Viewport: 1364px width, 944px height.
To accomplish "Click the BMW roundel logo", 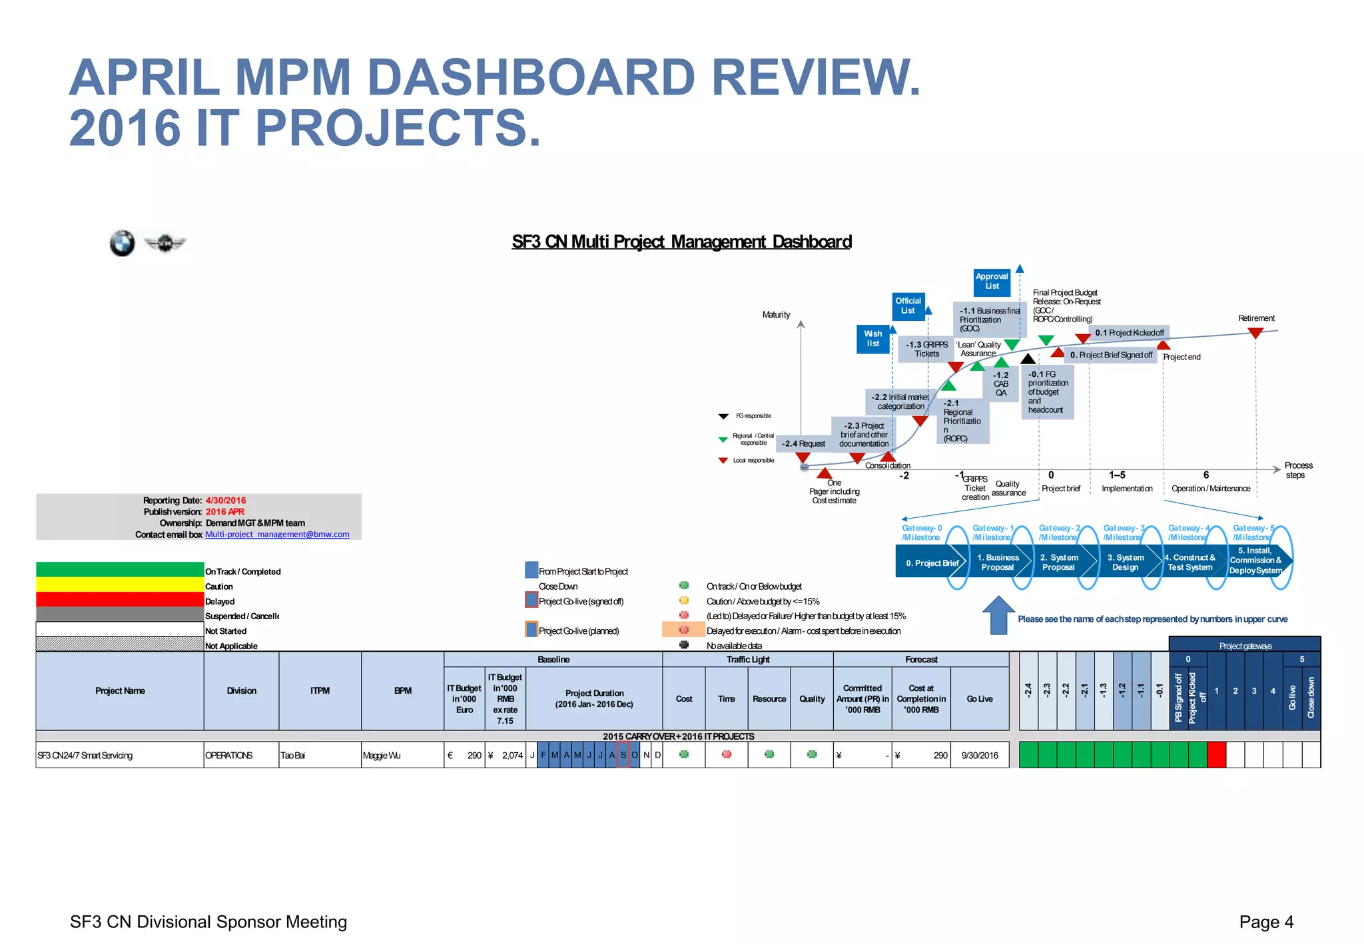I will point(123,244).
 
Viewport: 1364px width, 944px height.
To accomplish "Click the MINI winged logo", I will point(165,244).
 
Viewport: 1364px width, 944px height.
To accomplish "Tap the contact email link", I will point(277,535).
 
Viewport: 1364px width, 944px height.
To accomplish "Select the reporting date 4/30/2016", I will point(226,501).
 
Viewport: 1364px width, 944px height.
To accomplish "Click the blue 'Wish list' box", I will point(872,339).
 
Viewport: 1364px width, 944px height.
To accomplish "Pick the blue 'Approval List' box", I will point(992,282).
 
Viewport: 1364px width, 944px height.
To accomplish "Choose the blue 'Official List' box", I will point(908,306).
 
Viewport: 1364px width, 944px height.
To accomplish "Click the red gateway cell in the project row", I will point(1216,755).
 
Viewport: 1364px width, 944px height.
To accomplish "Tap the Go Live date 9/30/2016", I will point(980,756).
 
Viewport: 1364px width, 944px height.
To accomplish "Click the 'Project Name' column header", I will point(120,691).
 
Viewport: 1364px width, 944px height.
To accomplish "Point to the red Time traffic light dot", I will point(727,754).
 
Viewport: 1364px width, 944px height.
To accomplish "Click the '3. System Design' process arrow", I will point(1125,563).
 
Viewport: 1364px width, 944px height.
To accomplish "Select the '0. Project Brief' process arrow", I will point(932,563).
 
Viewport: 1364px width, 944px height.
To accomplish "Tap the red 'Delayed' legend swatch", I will point(120,599).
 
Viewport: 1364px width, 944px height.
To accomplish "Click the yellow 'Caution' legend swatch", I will point(120,585).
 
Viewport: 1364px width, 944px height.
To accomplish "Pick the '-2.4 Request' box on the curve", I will point(803,443).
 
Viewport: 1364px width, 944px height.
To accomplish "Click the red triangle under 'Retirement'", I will point(1255,333).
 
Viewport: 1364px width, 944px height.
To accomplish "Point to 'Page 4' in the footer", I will point(1266,922).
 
